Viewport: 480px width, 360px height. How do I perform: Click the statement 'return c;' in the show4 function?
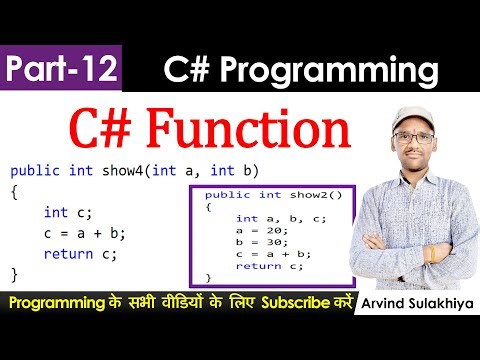80,253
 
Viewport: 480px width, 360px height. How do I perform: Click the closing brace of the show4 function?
14,273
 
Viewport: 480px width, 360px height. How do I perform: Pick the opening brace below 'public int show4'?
14,191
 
